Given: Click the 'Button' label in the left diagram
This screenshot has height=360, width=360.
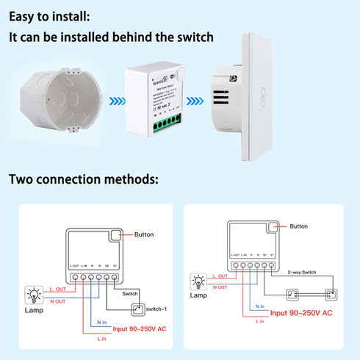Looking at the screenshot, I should point(145,235).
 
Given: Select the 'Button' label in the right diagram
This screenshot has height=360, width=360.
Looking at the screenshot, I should point(300,228).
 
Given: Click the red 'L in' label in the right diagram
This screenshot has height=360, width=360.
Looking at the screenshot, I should point(258,322).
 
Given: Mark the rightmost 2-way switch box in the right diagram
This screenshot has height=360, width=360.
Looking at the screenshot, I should point(330,295).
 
